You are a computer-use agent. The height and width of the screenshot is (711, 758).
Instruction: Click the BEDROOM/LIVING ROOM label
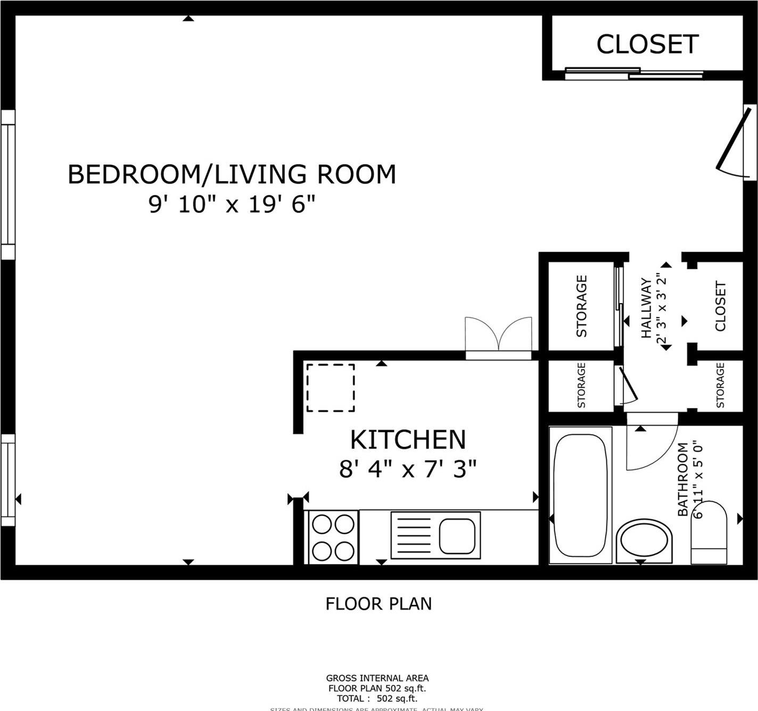pyautogui.click(x=232, y=175)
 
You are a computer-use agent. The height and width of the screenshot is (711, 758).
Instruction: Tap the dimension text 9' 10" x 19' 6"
pyautogui.click(x=232, y=205)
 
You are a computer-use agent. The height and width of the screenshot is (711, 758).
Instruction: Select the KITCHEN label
pyautogui.click(x=408, y=440)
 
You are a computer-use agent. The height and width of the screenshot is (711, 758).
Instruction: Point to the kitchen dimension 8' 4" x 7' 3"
pyautogui.click(x=408, y=470)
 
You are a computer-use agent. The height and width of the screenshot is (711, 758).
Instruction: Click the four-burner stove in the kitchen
pyautogui.click(x=333, y=537)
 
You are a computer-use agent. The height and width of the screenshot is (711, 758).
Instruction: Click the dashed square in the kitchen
pyautogui.click(x=330, y=388)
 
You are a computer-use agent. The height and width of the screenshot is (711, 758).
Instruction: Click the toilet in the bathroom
pyautogui.click(x=708, y=533)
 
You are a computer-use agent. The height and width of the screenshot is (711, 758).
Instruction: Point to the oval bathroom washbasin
pyautogui.click(x=644, y=542)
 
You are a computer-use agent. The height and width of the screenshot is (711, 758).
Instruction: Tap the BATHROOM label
pyautogui.click(x=682, y=479)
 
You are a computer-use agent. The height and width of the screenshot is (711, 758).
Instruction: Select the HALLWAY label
pyautogui.click(x=646, y=308)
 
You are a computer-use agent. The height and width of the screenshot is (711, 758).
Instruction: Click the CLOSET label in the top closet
pyautogui.click(x=647, y=44)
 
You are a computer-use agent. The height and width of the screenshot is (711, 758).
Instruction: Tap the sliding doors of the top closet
pyautogui.click(x=633, y=73)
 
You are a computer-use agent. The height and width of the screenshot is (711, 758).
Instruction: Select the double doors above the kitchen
pyautogui.click(x=498, y=337)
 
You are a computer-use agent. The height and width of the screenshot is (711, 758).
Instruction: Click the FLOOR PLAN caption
pyautogui.click(x=378, y=604)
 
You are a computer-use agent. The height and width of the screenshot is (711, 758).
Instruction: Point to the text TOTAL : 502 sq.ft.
pyautogui.click(x=377, y=698)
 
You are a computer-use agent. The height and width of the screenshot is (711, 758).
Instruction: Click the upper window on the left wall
pyautogui.click(x=8, y=184)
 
